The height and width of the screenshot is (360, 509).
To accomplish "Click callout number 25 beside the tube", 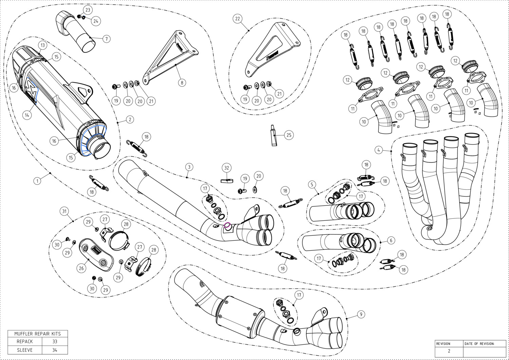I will pos(289,135).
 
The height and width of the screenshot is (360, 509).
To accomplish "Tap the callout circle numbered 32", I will pos(227,168).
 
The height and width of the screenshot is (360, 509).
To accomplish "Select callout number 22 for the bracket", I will pos(238,19).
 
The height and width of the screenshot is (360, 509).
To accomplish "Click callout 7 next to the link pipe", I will pos(106,39).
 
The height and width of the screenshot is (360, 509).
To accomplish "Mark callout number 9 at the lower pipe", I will pos(361,314).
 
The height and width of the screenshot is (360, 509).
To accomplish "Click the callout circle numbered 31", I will pos(64,211).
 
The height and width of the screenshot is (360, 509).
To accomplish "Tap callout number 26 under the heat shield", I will pos(81,268).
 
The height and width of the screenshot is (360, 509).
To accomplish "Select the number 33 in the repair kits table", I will pos(55,341).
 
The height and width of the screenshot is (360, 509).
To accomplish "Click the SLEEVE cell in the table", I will pos(25,350).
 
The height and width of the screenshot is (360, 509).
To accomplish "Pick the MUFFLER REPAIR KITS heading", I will pos(37,334).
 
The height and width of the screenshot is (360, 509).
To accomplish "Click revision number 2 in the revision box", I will pos(449,352).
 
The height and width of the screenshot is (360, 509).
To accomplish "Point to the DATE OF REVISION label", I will pos(479,344).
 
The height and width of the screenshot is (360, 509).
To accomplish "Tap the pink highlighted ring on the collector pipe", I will pos(227,225).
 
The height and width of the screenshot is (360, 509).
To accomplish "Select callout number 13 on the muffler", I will pos(42,45).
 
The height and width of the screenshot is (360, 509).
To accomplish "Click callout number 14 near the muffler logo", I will pos(27,115).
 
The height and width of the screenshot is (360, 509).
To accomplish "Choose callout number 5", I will pos(312,184).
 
